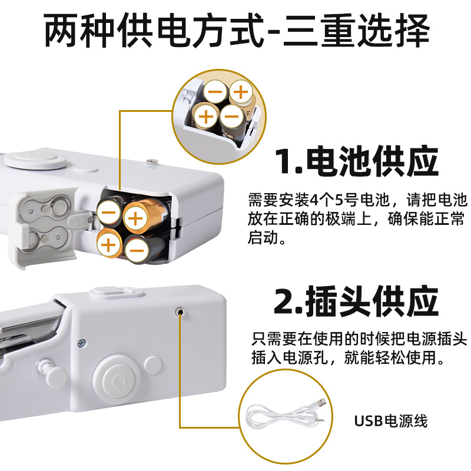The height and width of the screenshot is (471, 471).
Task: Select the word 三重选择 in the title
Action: click(357, 31)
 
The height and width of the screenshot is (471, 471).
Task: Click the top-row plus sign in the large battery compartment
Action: click(136, 220)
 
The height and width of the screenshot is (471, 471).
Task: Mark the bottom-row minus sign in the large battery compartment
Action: click(136, 253)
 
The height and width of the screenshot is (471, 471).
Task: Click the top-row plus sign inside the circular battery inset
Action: click(240, 92)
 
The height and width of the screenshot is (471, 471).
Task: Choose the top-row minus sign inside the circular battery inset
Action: click(215, 92)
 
